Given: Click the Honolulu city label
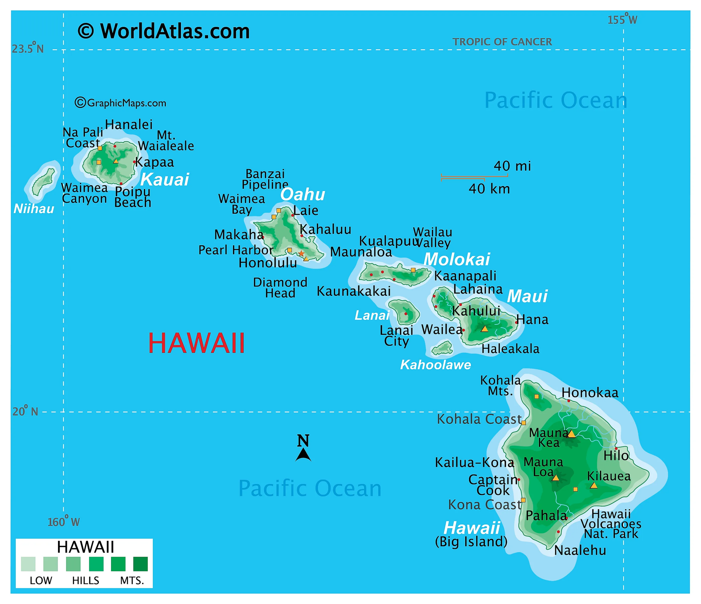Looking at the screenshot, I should [268, 263].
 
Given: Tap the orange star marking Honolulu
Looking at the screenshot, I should [301, 253].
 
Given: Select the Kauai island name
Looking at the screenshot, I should [165, 179].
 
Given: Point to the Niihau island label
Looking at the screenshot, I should [34, 209].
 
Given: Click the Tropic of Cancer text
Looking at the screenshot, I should [502, 42].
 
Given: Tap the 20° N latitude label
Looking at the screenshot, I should [25, 411].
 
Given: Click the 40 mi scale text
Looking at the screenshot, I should [512, 166].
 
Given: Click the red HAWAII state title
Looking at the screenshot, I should [197, 343].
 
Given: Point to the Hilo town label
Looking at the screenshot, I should [616, 456].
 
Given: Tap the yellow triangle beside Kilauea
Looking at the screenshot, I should [593, 485].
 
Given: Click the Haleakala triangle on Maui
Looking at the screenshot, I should [484, 329].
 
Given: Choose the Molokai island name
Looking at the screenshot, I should [456, 259].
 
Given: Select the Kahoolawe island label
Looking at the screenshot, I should [435, 365].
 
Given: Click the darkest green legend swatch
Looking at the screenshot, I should [140, 564].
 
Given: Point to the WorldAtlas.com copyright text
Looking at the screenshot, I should [164, 31].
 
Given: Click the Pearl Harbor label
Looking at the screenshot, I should [236, 250].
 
